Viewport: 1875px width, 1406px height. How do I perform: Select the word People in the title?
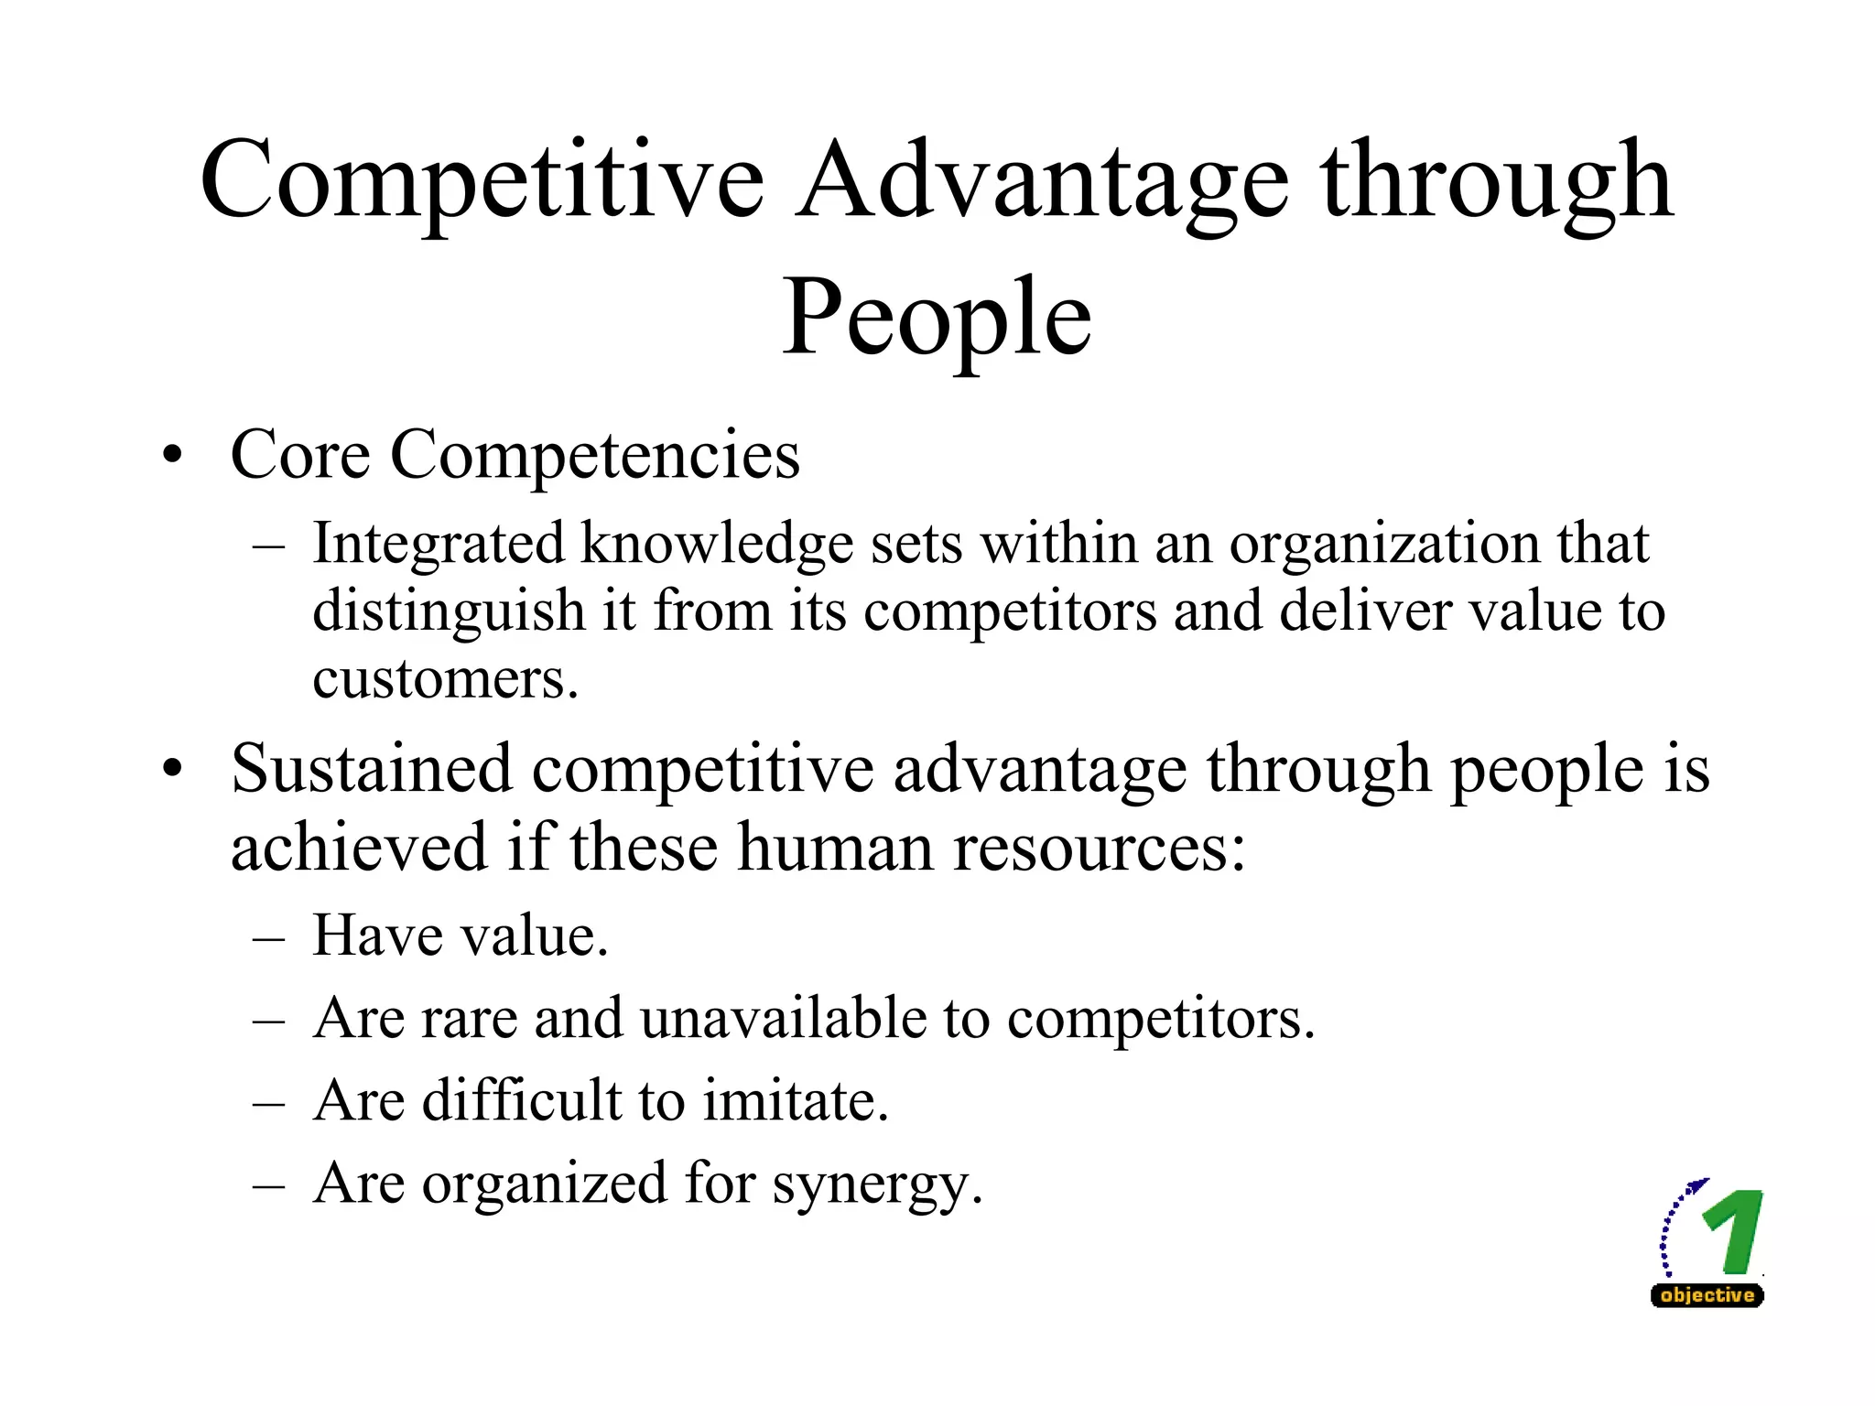pyautogui.click(x=937, y=319)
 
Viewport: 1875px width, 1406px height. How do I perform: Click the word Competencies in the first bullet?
pyautogui.click(x=595, y=455)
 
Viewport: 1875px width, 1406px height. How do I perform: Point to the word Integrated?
pyautogui.click(x=438, y=544)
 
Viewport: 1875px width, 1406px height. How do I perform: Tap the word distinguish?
pyautogui.click(x=449, y=611)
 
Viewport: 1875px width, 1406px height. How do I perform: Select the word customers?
pyautogui.click(x=445, y=679)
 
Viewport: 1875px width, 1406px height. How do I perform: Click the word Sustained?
pyautogui.click(x=371, y=769)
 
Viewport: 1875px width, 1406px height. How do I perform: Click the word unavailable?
pyautogui.click(x=784, y=1018)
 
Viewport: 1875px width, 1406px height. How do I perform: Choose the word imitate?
pyautogui.click(x=796, y=1100)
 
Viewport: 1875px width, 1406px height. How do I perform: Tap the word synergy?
pyautogui.click(x=877, y=1184)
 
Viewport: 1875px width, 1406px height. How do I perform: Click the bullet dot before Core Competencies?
pyautogui.click(x=172, y=455)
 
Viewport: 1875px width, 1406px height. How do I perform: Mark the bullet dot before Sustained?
pyautogui.click(x=172, y=769)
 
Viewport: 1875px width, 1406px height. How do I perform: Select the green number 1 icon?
pyautogui.click(x=1734, y=1231)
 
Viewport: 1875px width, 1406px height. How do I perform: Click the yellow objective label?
pyautogui.click(x=1707, y=1295)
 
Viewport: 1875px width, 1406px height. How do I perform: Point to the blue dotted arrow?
pyautogui.click(x=1674, y=1222)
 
